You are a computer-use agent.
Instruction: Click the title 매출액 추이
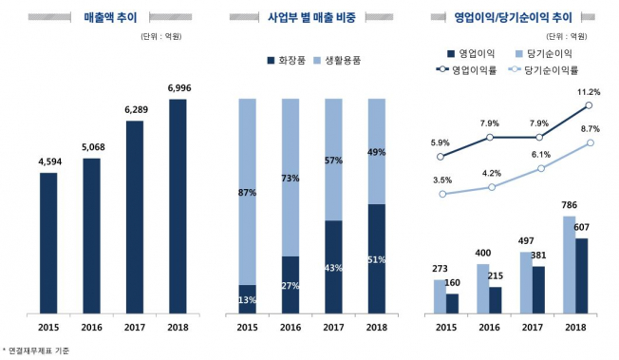tap(104, 16)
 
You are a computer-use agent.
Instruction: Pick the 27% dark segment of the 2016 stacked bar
tap(290, 284)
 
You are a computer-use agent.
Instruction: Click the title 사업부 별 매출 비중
tap(309, 16)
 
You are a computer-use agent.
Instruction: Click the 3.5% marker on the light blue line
tap(441, 194)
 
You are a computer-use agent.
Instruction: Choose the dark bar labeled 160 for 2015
tap(452, 303)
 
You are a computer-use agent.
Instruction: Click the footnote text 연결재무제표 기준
tap(38, 351)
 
